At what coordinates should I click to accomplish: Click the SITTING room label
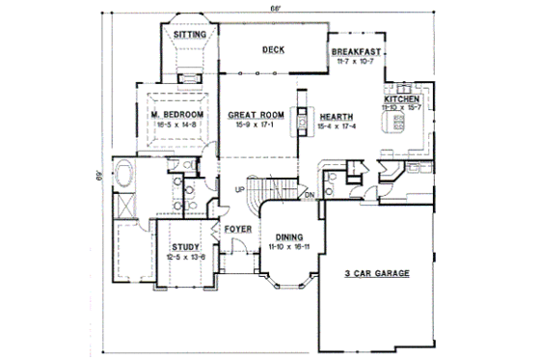click(186, 34)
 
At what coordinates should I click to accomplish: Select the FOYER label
click(237, 229)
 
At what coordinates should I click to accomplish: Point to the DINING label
click(290, 237)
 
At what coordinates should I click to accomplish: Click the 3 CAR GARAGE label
click(377, 274)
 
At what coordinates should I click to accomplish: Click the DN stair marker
click(310, 196)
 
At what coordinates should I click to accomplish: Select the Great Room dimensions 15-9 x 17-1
click(253, 125)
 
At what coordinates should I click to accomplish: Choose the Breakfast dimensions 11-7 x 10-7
click(357, 63)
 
